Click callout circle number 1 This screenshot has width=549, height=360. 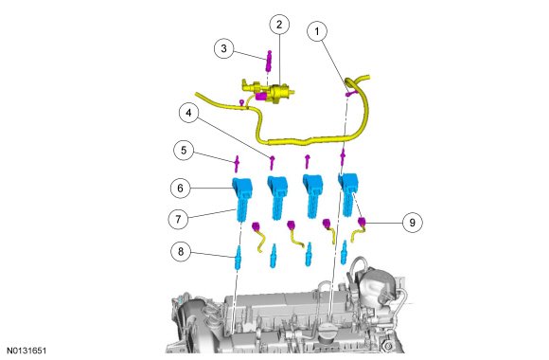(x=317, y=31)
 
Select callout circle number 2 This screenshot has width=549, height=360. (x=279, y=25)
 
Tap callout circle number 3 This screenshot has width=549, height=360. (x=224, y=48)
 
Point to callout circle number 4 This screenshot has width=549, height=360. (x=189, y=113)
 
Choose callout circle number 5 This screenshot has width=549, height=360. (x=184, y=151)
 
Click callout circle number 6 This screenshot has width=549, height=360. (x=180, y=189)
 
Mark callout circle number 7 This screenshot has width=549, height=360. (x=178, y=219)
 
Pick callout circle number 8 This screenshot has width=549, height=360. (x=181, y=251)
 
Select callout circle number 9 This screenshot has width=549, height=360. (x=412, y=223)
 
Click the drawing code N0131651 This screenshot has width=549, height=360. (x=27, y=351)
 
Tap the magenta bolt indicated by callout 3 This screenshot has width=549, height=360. (x=269, y=61)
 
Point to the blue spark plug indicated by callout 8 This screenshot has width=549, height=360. (x=238, y=258)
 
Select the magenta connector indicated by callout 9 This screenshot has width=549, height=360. (x=362, y=222)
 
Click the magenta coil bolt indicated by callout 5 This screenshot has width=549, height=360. (x=237, y=163)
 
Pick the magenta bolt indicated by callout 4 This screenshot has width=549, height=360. (x=272, y=162)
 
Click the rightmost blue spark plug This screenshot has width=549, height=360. (x=345, y=252)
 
